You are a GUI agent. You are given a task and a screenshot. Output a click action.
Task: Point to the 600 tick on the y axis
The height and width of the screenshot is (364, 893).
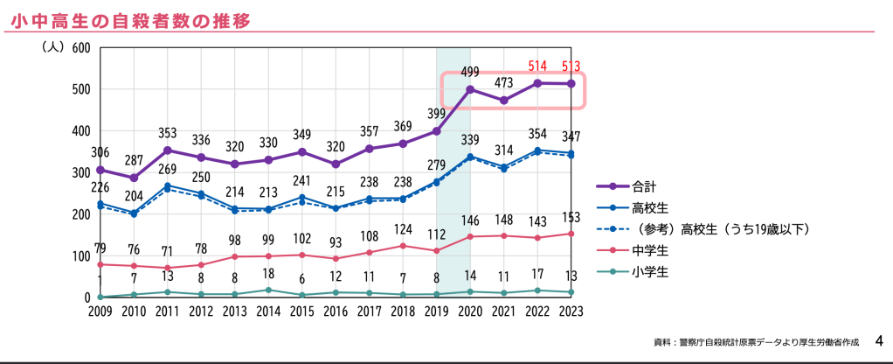(x=81, y=47)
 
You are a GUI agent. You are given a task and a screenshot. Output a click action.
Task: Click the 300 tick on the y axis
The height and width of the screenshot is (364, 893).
(x=81, y=172)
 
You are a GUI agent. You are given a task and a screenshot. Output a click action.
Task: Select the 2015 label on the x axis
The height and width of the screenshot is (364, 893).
(x=301, y=311)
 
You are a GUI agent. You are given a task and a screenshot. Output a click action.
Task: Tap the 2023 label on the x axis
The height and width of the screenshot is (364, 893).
(x=571, y=311)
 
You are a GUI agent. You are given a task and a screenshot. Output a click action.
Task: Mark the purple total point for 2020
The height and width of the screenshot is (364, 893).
(x=470, y=89)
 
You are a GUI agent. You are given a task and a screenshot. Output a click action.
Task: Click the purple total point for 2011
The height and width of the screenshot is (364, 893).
(x=167, y=150)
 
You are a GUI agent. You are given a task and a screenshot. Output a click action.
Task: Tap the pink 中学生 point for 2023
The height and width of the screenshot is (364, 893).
(x=571, y=234)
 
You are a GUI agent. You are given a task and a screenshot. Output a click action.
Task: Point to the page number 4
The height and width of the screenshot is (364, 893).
(x=879, y=339)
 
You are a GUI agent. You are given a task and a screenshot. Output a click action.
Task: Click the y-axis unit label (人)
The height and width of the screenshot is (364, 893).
(x=52, y=47)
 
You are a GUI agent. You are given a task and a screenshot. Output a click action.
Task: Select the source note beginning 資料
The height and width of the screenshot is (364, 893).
(x=757, y=341)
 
